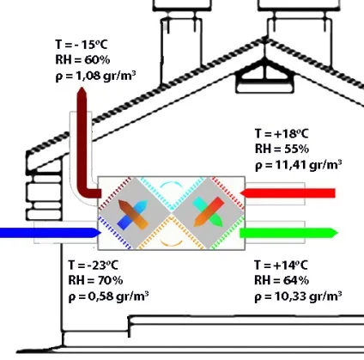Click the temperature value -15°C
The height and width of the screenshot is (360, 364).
pos(91,45)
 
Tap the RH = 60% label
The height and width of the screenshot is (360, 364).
pos(82,60)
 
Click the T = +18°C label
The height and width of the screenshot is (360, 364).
pos(282,134)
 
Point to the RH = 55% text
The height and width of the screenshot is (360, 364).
pos(282,149)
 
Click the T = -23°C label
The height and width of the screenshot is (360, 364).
pos(93,265)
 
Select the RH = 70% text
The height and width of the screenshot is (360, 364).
pos(95,280)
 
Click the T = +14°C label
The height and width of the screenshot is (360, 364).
pos(282,265)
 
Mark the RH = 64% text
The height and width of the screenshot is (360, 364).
pos(282,280)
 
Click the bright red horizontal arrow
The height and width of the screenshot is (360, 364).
pos(288,193)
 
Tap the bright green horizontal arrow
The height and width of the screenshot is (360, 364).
pos(288,233)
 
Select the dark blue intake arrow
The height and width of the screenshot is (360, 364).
pos(51,233)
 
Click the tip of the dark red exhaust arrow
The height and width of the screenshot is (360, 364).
pos(82,88)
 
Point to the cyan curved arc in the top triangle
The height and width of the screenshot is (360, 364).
pos(171,182)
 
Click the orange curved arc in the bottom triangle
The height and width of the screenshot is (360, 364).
pos(171,244)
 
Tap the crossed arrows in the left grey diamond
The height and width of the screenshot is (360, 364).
pos(132,215)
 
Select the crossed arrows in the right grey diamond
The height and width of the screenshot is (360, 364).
pos(209,212)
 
